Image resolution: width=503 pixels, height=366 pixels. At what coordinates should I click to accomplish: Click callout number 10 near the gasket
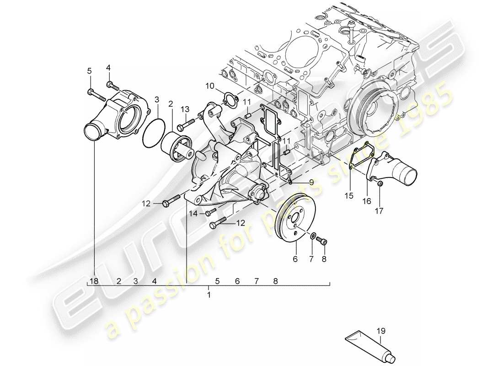click(209, 85)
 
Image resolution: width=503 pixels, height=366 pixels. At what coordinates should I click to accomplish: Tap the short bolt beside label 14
click(210, 212)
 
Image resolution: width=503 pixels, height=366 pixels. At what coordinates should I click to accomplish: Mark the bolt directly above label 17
click(380, 184)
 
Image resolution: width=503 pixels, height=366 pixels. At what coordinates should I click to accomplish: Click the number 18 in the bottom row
click(95, 281)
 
